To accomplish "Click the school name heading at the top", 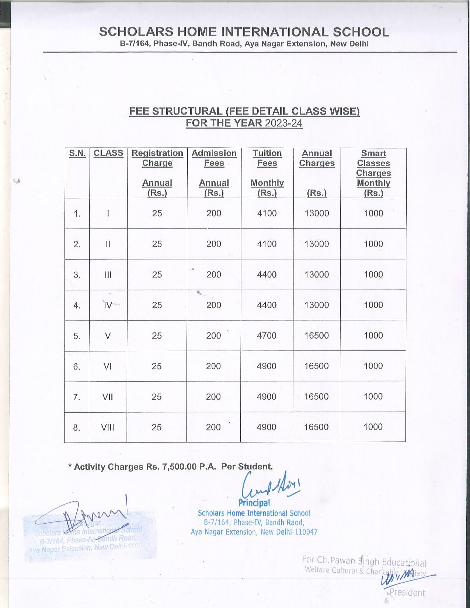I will tap(244, 32).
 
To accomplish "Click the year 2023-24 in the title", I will tap(283, 123).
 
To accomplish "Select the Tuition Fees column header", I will tap(267, 158).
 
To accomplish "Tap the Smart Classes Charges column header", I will tap(373, 163).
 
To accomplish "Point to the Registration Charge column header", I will tap(157, 158).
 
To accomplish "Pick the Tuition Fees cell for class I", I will tap(267, 213).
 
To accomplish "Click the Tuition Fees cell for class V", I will tap(267, 336).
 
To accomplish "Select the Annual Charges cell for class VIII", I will tap(316, 427).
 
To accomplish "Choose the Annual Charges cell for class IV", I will tap(317, 305).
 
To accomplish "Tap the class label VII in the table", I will tap(108, 397).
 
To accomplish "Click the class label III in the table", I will tap(108, 275).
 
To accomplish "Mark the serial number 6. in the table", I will tap(77, 366).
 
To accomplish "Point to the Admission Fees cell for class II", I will tap(214, 244).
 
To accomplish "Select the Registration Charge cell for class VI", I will tap(157, 366).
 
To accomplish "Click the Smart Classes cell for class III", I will tap(373, 275).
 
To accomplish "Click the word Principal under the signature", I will tap(254, 503).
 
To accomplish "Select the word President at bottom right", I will tap(407, 593).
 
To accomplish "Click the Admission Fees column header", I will tap(214, 158).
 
